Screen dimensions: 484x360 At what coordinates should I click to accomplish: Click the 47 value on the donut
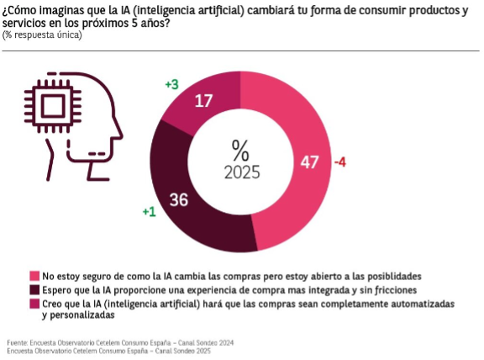[309, 162]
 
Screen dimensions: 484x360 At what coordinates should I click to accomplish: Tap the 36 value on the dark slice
[178, 199]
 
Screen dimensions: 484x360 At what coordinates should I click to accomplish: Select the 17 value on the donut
[203, 101]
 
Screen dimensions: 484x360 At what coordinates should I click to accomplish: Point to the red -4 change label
[340, 162]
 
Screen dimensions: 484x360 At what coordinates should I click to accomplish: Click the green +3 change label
[172, 84]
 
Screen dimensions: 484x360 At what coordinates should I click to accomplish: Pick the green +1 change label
[149, 212]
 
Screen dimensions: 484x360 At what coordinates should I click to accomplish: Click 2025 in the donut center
[242, 172]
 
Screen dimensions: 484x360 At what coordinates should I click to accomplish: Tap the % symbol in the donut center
[240, 151]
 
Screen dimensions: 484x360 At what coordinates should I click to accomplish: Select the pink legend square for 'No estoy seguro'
[34, 276]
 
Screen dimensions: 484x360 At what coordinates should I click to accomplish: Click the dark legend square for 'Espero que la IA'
[34, 290]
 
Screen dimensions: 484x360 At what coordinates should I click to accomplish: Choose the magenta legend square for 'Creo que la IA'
[34, 304]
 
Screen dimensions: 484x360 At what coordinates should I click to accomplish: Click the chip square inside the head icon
[53, 106]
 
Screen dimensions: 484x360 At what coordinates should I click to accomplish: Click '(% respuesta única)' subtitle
[42, 35]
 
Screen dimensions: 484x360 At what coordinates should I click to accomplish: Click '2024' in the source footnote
[227, 342]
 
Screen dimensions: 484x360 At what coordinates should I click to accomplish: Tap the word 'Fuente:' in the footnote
[18, 342]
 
